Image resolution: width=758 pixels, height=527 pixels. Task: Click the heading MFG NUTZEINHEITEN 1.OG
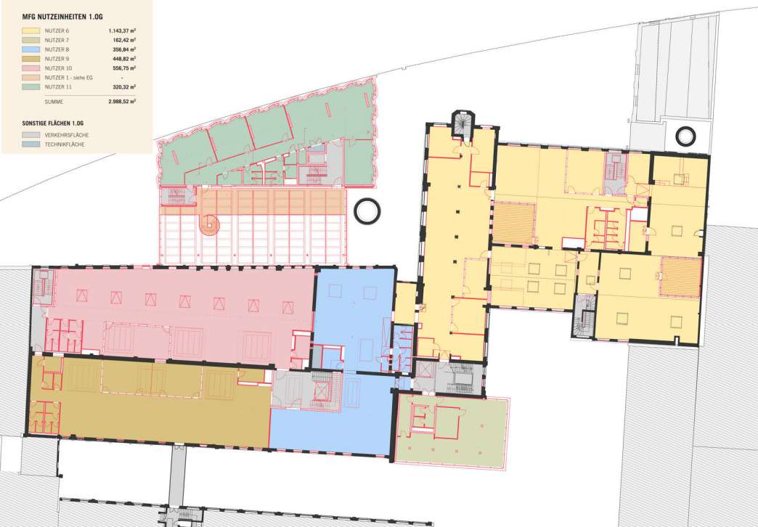point(62,17)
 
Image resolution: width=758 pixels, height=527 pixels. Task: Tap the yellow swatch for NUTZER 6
point(31,31)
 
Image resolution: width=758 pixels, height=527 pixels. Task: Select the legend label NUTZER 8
point(57,49)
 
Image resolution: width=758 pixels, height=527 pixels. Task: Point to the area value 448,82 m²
point(122,59)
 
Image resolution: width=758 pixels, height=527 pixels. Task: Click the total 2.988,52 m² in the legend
point(121,102)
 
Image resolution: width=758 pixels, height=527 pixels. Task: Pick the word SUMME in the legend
point(54,102)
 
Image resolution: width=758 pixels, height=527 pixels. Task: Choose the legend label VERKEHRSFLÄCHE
point(67,135)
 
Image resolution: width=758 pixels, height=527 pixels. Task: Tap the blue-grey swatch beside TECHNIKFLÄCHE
point(31,144)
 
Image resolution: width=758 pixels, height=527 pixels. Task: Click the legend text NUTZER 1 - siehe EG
point(69,78)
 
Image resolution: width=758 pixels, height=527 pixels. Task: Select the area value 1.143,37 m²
point(121,31)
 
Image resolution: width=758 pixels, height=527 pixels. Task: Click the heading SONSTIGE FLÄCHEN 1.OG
point(53,123)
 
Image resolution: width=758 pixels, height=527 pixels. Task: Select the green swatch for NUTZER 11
point(31,87)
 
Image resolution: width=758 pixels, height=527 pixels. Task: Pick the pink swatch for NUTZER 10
point(31,68)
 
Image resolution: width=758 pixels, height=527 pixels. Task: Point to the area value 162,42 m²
point(122,40)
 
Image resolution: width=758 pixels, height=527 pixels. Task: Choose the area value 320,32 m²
point(122,87)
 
